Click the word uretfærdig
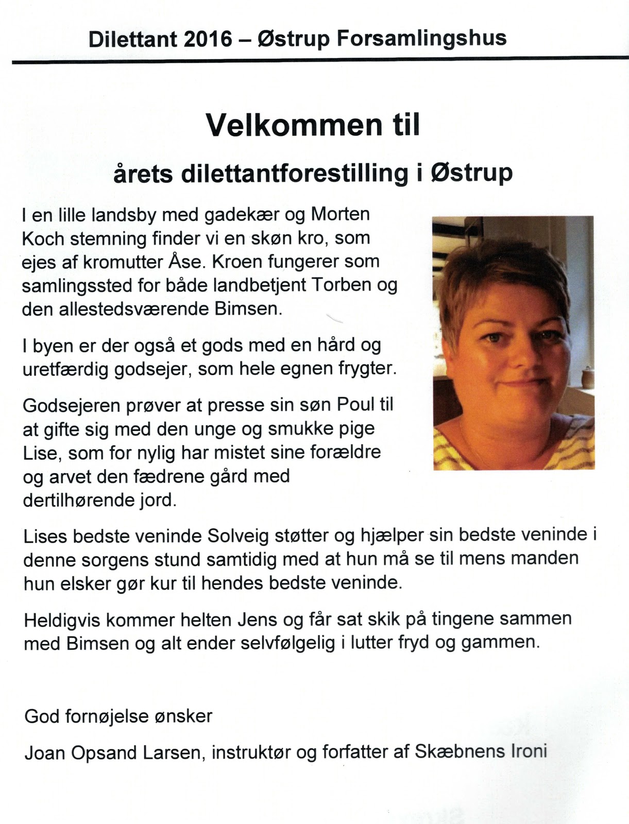pyautogui.click(x=67, y=369)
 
